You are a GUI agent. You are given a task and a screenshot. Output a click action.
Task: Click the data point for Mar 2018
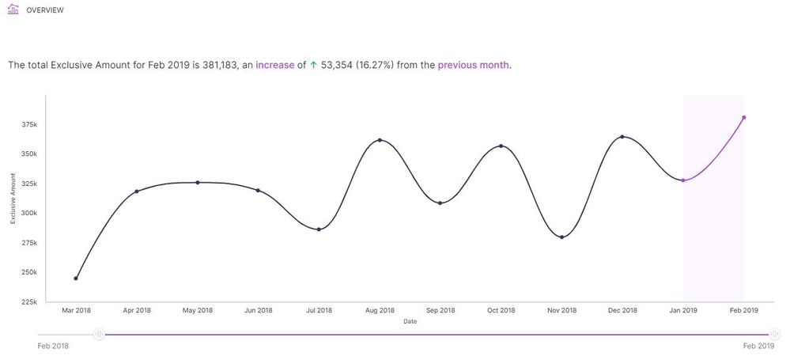pos(76,279)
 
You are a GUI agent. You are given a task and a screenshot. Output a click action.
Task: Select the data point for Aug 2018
pos(380,140)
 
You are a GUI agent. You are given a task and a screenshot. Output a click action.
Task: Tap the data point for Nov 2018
pos(561,237)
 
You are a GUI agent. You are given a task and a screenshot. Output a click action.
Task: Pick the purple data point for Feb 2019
pos(744,118)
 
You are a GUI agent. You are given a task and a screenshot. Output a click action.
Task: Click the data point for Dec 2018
pos(622,137)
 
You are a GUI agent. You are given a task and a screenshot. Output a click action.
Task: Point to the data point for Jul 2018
pos(319,229)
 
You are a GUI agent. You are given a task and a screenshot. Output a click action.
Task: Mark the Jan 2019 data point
pos(683,180)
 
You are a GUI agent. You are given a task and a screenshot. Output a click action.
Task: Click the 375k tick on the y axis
pos(29,125)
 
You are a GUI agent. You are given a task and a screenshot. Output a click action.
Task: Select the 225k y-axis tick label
pos(29,301)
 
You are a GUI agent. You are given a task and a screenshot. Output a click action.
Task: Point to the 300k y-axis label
pos(29,213)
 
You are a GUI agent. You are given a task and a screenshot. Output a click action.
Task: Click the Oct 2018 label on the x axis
pos(501,310)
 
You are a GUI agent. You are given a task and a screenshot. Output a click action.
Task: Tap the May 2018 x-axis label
pos(198,310)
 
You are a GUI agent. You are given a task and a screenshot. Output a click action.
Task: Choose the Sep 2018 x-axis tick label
pos(440,310)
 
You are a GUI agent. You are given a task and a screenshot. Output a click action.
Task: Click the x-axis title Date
pos(410,321)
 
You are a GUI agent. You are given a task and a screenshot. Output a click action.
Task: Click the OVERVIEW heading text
pos(45,11)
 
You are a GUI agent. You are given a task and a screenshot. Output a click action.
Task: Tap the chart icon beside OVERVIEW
pos(12,10)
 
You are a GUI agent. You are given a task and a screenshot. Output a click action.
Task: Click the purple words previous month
pos(473,65)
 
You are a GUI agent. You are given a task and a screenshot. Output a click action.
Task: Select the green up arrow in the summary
pos(313,65)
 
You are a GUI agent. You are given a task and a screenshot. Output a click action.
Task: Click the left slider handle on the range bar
pos(99,335)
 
